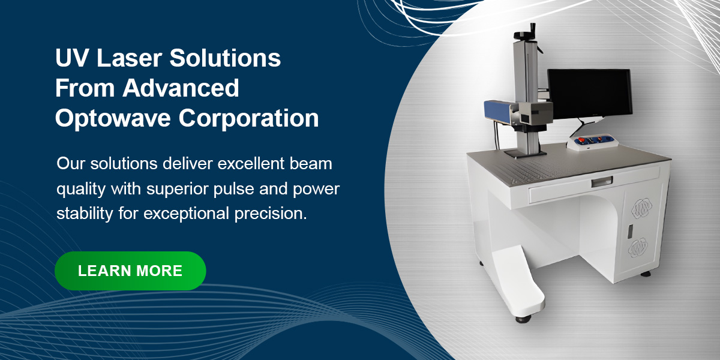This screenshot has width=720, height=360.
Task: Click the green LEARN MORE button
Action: pyautogui.click(x=130, y=271)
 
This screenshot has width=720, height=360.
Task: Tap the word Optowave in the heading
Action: pyautogui.click(x=113, y=118)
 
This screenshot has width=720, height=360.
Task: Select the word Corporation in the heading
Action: pyautogui.click(x=248, y=118)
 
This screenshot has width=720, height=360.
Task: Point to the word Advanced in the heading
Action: pyautogui.click(x=181, y=88)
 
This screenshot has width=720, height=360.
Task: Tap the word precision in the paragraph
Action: pyautogui.click(x=271, y=214)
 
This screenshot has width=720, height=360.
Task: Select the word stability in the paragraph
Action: pyautogui.click(x=85, y=214)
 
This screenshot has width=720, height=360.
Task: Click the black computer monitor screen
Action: pyautogui.click(x=590, y=93)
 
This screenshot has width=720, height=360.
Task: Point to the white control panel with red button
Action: pyautogui.click(x=592, y=142)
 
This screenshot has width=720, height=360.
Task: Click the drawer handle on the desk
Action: pyautogui.click(x=602, y=182)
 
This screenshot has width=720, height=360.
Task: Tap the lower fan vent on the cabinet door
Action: pyautogui.click(x=638, y=248)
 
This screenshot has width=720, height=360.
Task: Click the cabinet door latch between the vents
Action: pyautogui.click(x=631, y=232)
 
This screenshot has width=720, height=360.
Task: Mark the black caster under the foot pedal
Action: pyautogui.click(x=523, y=319)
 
